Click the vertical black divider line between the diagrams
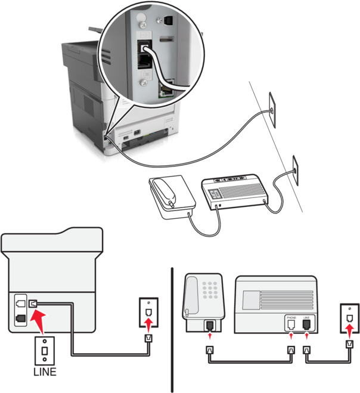click(x=172, y=328)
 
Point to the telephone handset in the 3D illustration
click(x=164, y=192)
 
